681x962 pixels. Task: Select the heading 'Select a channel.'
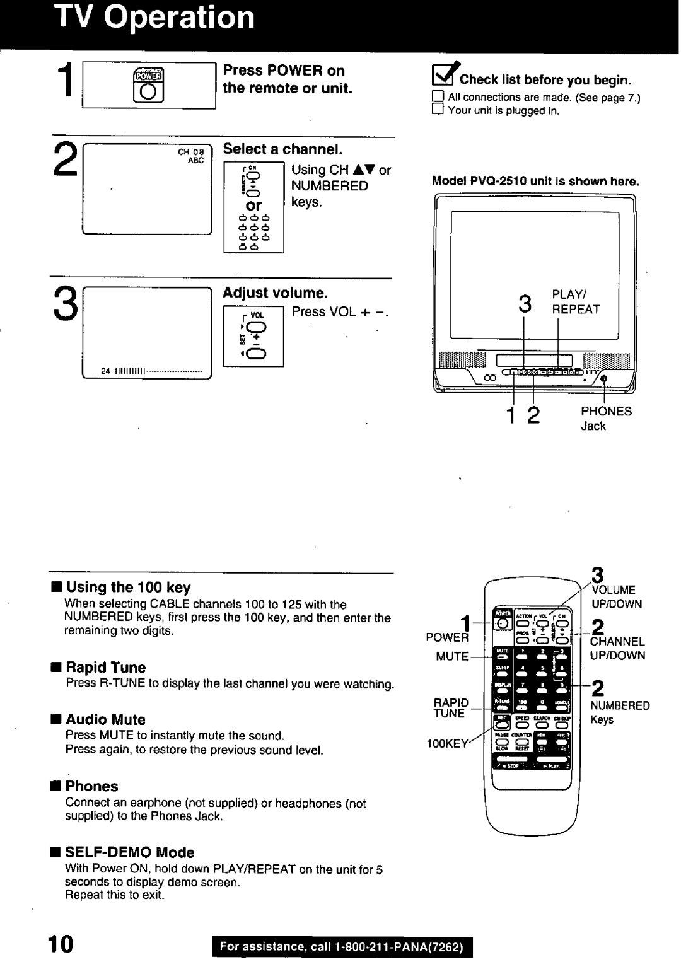[282, 149]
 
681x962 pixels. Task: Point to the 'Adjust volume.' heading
[276, 293]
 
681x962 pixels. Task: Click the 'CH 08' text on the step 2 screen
[191, 152]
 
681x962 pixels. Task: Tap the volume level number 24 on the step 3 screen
[106, 369]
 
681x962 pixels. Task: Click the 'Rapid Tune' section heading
[105, 668]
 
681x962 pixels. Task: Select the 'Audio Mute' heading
[105, 720]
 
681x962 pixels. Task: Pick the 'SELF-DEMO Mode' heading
[130, 852]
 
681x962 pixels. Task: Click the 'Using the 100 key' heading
[128, 588]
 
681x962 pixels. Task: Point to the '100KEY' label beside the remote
[447, 744]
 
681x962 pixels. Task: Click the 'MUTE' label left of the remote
[452, 656]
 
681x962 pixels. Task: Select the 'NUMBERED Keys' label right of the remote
[619, 712]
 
